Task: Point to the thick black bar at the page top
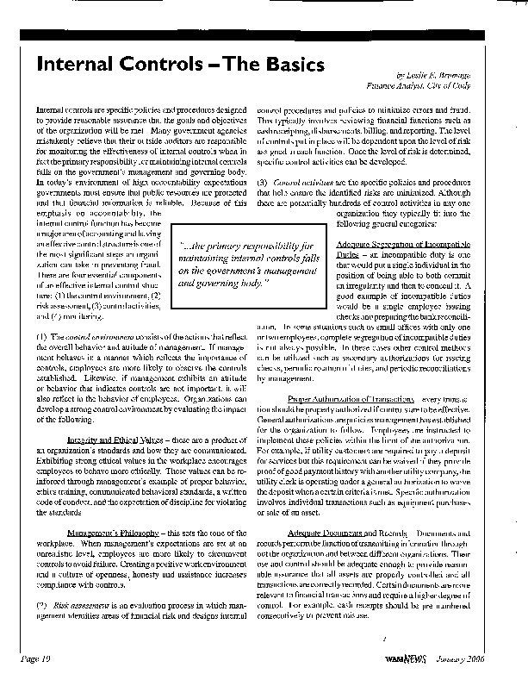pyautogui.click(x=264, y=35)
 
